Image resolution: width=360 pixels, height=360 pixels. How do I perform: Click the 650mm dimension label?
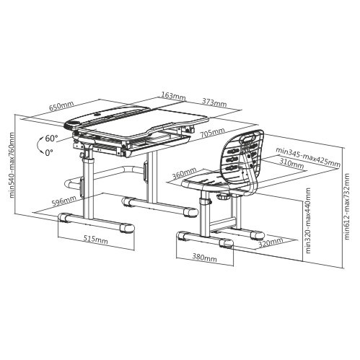61,106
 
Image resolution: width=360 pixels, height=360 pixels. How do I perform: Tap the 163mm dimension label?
173,96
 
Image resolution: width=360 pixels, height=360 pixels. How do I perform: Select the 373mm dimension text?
214,102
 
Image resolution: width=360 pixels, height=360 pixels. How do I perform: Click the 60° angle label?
51,139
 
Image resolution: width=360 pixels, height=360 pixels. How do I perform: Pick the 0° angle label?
49,152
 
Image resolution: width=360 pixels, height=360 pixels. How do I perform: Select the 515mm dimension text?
96,240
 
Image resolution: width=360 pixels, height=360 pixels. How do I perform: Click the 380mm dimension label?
204,258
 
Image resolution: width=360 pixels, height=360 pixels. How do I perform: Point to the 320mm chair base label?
271,243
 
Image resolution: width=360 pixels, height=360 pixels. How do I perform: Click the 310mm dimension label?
291,164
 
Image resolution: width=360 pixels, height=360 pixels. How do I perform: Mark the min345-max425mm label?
308,157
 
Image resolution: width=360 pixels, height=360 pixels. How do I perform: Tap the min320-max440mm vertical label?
308,221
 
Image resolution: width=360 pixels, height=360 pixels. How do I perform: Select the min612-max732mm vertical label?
347,206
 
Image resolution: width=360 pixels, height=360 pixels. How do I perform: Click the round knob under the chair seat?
224,197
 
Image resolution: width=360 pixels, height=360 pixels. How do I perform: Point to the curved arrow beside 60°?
39,146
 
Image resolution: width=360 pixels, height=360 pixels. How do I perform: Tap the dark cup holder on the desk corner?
72,125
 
